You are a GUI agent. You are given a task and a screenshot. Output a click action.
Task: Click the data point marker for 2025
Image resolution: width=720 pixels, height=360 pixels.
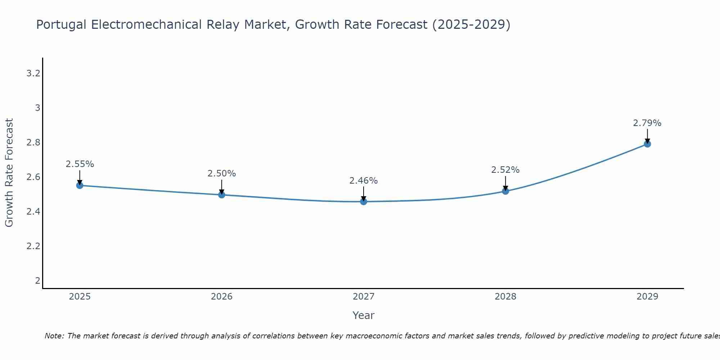80,185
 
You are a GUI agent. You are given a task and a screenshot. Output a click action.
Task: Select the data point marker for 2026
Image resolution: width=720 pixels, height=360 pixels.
222,195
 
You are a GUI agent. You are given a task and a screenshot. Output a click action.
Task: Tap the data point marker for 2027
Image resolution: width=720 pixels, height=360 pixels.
364,202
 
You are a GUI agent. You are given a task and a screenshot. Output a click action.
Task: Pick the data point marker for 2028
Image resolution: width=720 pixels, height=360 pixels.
505,191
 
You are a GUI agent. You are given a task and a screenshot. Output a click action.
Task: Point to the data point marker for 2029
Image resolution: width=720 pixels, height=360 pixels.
647,144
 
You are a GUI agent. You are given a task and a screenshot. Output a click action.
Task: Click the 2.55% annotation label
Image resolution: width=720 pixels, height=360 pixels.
80,164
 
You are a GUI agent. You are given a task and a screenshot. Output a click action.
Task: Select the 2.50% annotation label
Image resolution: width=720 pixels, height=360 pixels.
222,174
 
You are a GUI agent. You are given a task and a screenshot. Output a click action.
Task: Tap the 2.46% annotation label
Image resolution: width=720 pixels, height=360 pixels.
364,181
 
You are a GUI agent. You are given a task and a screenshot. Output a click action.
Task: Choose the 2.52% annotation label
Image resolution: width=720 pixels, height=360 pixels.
505,170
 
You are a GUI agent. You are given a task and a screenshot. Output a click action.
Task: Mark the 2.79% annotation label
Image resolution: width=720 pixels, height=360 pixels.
647,123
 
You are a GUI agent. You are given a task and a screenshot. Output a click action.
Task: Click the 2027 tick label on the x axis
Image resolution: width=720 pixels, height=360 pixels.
364,297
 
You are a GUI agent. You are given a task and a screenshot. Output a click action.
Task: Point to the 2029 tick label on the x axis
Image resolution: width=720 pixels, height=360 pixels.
647,297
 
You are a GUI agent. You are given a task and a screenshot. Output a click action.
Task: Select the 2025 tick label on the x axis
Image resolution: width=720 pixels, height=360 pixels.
80,297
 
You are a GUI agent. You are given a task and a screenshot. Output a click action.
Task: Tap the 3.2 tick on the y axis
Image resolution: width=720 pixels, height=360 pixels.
33,74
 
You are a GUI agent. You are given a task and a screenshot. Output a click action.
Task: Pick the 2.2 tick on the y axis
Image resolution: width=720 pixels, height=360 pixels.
33,246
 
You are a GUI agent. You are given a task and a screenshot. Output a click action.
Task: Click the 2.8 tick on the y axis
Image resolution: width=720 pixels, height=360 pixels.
33,143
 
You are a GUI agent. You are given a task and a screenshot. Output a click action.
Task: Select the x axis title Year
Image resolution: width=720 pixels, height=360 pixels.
364,315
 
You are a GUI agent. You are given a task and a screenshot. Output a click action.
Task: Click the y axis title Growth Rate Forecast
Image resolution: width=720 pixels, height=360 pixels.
9,173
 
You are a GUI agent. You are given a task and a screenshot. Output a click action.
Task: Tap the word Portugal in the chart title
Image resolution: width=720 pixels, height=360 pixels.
61,25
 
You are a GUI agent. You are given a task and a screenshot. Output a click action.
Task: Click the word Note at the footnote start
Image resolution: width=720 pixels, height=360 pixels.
54,336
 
